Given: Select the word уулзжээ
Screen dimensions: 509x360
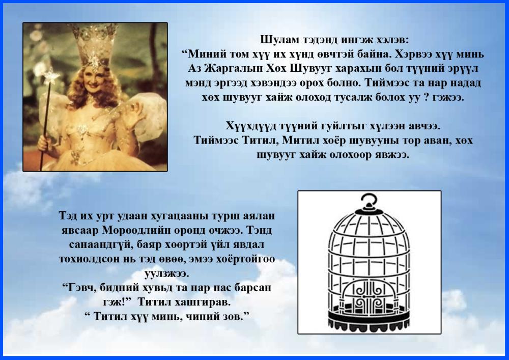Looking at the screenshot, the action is click(167, 273).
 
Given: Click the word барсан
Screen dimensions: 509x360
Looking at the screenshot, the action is click(252, 288).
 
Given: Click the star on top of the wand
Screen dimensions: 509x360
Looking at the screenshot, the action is click(51, 76).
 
